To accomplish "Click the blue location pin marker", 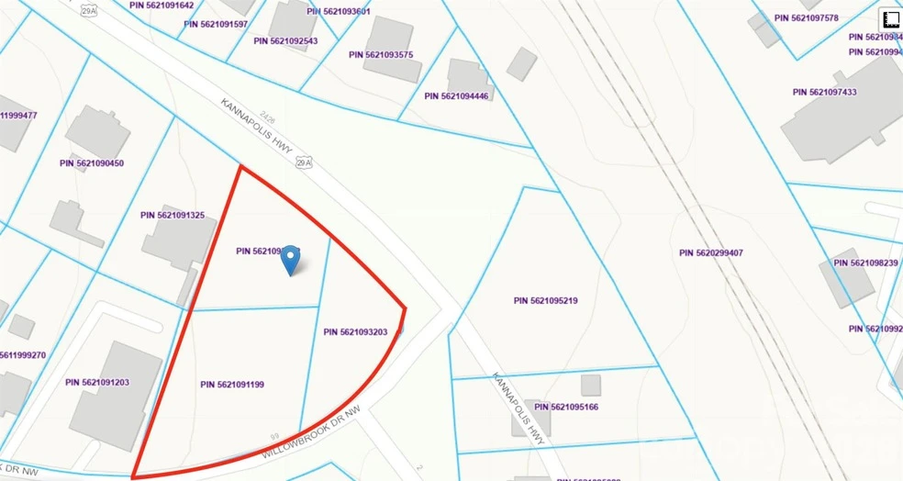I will (290, 259).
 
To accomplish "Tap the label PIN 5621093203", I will (362, 332).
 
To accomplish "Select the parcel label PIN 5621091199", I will (232, 385).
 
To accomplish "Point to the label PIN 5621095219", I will (545, 300).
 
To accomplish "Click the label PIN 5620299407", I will (711, 252).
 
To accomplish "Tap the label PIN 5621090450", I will (92, 163).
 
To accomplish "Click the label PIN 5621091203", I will (97, 382).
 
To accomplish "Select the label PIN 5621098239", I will (865, 263).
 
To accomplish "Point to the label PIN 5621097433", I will (825, 92).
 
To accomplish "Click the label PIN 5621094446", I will (457, 95).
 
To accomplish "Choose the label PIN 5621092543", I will (285, 40).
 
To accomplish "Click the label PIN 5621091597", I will (216, 24).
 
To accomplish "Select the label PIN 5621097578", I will (807, 17).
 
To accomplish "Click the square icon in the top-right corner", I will (889, 20).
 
